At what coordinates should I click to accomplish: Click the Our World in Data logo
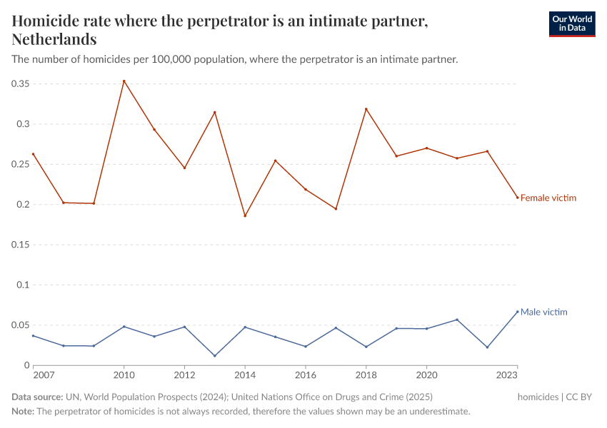point(571,24)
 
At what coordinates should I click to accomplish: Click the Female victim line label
point(548,198)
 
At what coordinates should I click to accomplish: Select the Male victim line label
point(543,312)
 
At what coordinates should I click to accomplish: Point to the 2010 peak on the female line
point(124,81)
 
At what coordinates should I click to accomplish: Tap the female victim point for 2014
point(245,215)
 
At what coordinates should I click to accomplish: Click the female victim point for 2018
point(366,109)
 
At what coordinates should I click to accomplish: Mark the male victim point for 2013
point(215,356)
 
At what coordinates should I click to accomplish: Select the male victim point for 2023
point(517,312)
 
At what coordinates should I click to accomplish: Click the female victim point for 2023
point(517,198)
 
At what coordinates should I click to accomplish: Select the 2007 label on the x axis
point(44,374)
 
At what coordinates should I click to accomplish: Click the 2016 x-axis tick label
point(306,374)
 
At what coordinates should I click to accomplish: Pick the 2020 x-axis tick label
point(426,374)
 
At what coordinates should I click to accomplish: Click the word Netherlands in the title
point(54,39)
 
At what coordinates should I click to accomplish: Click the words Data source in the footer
point(36,397)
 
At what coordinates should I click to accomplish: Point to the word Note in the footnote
point(22,412)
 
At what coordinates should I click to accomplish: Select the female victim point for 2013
point(215,112)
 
